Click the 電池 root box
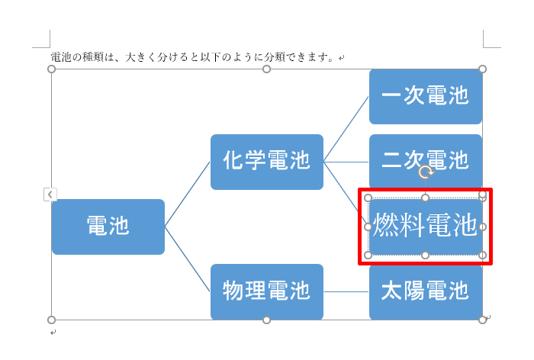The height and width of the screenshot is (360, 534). click(x=108, y=227)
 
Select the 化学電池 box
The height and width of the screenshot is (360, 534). click(x=267, y=162)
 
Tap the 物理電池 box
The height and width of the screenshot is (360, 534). click(x=267, y=291)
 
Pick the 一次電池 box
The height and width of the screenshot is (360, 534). click(x=426, y=96)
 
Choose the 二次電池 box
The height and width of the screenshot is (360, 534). click(x=426, y=161)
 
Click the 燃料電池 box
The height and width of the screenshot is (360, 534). click(x=426, y=227)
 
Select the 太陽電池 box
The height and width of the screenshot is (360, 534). click(x=426, y=292)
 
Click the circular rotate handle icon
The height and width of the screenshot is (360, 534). click(x=426, y=172)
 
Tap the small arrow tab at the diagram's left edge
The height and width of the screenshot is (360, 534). click(x=50, y=194)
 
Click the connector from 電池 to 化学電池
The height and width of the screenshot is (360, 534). click(x=188, y=194)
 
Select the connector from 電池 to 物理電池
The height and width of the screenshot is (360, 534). click(x=188, y=259)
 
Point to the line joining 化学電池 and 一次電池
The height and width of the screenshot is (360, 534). click(x=346, y=129)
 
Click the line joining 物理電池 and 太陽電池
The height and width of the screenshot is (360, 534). click(x=346, y=292)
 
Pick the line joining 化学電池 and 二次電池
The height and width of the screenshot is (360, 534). click(x=346, y=162)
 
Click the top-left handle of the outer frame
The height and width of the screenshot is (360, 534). click(x=51, y=69)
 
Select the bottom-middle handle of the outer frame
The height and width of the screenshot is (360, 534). click(x=267, y=320)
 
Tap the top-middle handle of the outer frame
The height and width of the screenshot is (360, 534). click(x=267, y=69)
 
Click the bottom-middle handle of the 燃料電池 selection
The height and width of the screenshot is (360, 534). click(x=426, y=255)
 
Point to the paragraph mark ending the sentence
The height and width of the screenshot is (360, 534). click(x=342, y=58)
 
